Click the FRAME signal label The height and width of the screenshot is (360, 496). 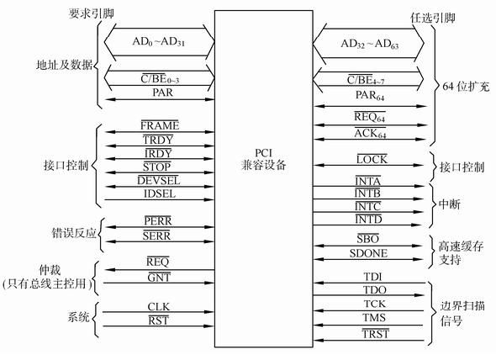[160, 125]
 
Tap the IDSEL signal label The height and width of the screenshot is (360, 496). [160, 193]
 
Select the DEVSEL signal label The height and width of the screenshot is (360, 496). [159, 181]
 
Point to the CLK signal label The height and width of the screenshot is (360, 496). [159, 306]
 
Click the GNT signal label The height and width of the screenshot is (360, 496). [159, 278]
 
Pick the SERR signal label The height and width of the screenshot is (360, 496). [156, 236]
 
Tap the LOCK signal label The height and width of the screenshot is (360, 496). [372, 159]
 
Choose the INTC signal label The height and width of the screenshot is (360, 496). [367, 206]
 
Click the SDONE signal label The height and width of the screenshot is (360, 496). [368, 253]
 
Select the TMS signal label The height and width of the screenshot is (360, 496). [374, 317]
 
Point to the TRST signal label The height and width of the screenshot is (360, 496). [375, 334]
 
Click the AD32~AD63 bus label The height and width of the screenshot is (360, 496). [369, 44]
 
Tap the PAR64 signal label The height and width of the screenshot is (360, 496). [370, 95]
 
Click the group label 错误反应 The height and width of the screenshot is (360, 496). [74, 233]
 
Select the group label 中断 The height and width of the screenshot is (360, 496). [450, 204]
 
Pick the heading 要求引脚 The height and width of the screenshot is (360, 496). [92, 13]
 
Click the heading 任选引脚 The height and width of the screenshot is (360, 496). [433, 18]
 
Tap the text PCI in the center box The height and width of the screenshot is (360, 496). [263, 153]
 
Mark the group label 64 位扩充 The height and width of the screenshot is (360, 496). [466, 87]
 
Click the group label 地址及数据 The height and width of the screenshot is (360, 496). [64, 65]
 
